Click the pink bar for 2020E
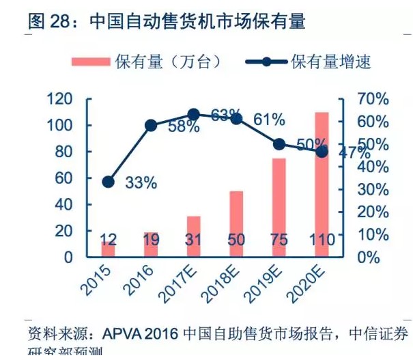click(322, 184)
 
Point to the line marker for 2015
click(108, 182)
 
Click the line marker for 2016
click(151, 125)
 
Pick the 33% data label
click(141, 182)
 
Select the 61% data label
click(269, 120)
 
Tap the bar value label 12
click(108, 240)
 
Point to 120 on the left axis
click(60, 100)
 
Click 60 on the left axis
click(63, 178)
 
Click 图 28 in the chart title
click(47, 20)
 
